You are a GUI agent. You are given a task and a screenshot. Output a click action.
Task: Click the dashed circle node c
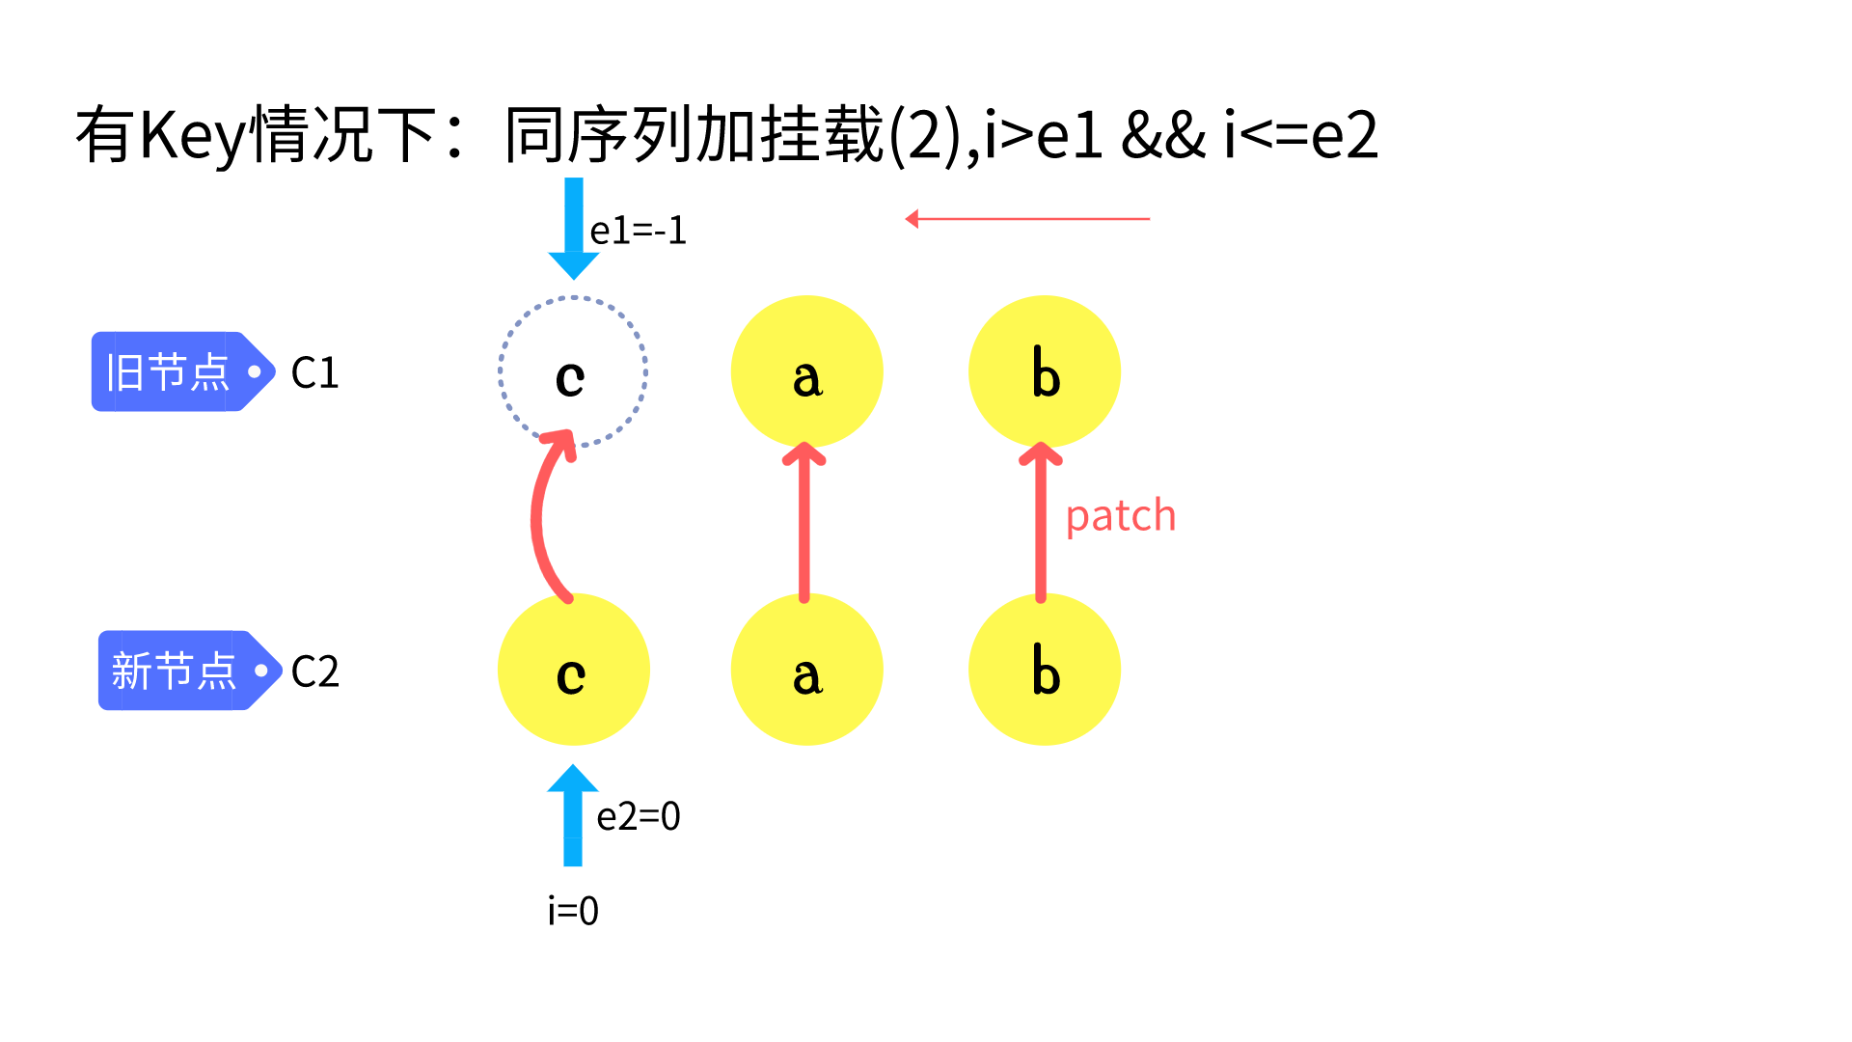pos(573,372)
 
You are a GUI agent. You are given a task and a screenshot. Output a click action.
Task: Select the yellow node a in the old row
pos(806,372)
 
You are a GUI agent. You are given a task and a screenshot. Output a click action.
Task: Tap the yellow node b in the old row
pos(1044,372)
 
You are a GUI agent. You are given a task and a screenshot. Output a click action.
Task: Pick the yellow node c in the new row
pos(573,670)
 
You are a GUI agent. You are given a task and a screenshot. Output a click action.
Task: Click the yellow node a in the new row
pos(806,670)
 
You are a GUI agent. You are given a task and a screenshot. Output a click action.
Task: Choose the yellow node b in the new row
pos(1044,670)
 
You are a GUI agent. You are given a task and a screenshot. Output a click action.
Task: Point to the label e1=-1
pos(638,231)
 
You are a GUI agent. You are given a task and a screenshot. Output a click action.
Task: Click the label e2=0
pos(638,817)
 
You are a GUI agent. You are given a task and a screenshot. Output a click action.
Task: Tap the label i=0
pos(573,911)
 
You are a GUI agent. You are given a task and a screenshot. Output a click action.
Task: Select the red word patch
pos(1120,516)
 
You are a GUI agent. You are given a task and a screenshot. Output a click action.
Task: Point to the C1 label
pos(314,372)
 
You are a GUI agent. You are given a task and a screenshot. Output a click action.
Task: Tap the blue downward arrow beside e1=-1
pos(574,228)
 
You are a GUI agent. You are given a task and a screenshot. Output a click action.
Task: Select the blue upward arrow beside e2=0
pos(573,815)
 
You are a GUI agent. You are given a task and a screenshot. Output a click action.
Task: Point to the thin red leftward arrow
pos(1027,219)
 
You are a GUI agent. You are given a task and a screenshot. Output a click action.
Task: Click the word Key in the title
pos(194,135)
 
